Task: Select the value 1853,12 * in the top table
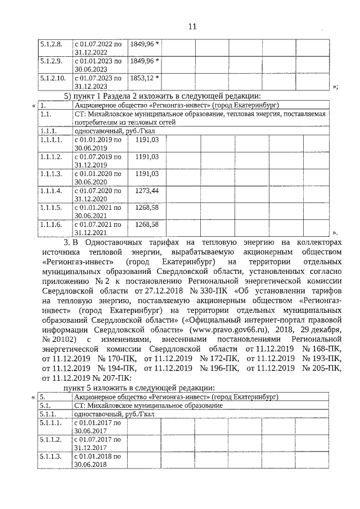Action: pos(145,78)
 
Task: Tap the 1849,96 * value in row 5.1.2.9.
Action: pos(145,61)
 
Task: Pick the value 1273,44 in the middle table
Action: pos(147,191)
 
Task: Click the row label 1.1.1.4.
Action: pos(50,191)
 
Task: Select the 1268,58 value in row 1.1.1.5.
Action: pos(147,208)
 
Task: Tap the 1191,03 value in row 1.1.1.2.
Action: pos(147,157)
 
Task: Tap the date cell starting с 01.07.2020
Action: pos(98,195)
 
